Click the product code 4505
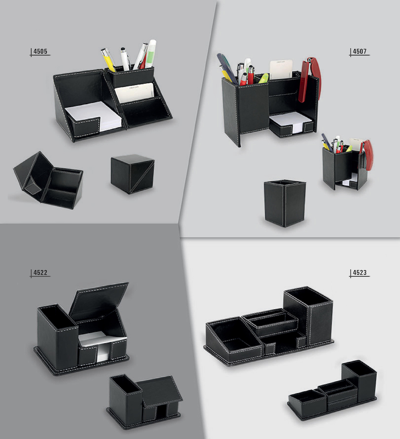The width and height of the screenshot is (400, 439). [x=40, y=52]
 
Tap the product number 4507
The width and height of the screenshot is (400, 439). [x=359, y=52]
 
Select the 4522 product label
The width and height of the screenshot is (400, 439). [x=40, y=273]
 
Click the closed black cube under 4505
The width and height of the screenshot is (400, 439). [x=132, y=174]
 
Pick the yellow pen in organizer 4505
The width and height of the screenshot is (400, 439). [x=108, y=60]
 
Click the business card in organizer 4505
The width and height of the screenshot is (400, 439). [x=134, y=92]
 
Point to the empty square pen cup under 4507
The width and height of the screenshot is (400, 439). [x=285, y=202]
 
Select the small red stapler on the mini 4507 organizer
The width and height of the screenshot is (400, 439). [x=368, y=154]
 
